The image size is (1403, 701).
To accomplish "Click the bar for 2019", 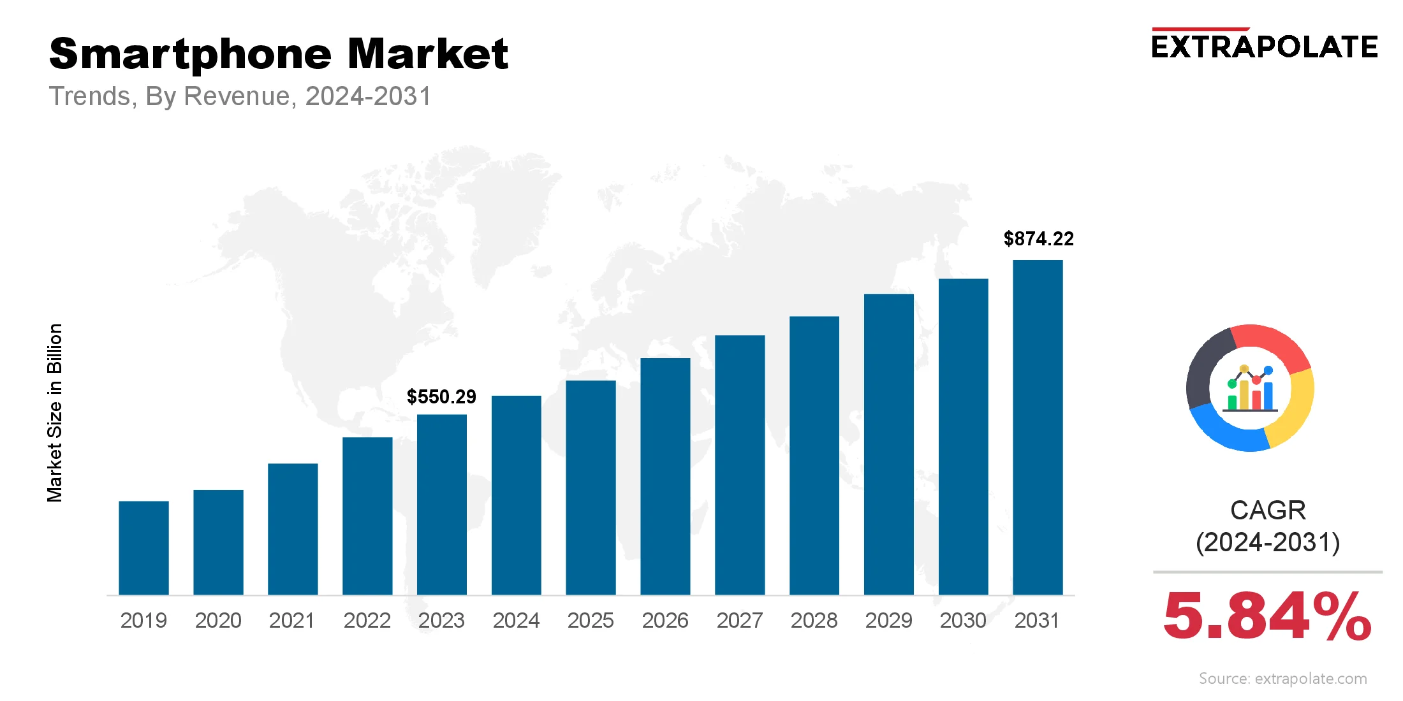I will click(x=143, y=548).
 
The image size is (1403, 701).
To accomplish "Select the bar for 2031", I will click(x=1038, y=427).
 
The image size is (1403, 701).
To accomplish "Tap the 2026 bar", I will click(x=665, y=477).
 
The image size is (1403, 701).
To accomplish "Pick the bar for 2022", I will click(x=367, y=516).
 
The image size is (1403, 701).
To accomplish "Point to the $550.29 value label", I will click(x=441, y=397).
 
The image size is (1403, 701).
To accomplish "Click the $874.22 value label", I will click(x=1038, y=239).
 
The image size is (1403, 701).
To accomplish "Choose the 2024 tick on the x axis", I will click(x=516, y=620).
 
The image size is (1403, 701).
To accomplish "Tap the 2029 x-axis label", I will click(x=888, y=620).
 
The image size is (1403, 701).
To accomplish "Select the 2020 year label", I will click(x=218, y=620).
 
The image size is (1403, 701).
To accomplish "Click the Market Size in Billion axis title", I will click(x=55, y=413).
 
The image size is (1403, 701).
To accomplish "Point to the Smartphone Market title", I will click(x=279, y=54).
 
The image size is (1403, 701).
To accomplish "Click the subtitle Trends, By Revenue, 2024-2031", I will click(x=240, y=96).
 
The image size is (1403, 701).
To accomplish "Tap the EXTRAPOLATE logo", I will click(x=1265, y=47).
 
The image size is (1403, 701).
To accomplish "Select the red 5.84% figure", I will click(x=1267, y=616).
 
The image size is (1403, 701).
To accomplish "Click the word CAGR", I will click(x=1268, y=510).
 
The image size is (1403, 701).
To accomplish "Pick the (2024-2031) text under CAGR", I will click(x=1268, y=542).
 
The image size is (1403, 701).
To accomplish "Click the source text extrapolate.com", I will click(x=1282, y=679).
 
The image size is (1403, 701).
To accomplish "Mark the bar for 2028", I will click(x=814, y=456).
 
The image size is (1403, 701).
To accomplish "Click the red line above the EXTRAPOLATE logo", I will click(x=1200, y=29).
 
